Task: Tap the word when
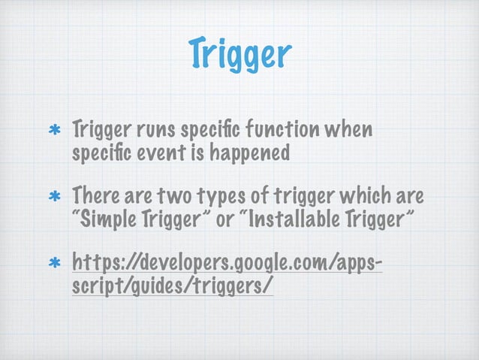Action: click(351, 131)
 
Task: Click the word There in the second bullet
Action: click(93, 197)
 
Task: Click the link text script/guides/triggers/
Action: click(173, 287)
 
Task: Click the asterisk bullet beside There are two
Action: click(54, 198)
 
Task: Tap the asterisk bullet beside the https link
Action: click(54, 265)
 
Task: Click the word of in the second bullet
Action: click(259, 197)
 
